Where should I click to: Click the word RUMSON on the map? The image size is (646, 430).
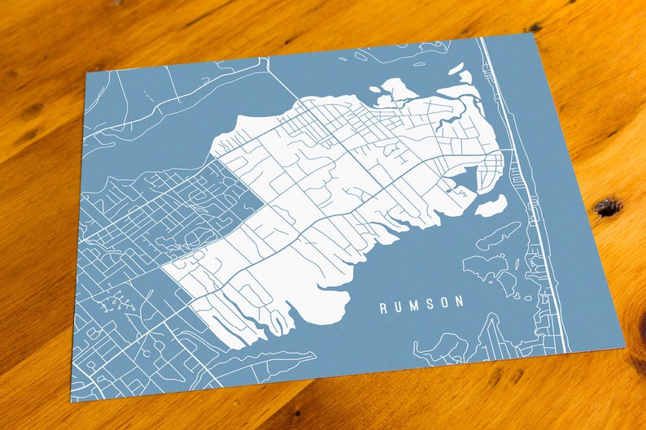[421, 304]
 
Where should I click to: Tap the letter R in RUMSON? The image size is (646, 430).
[383, 308]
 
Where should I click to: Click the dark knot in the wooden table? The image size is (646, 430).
[607, 207]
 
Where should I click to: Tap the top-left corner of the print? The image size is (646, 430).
[85, 72]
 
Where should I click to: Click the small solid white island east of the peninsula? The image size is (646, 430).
[491, 206]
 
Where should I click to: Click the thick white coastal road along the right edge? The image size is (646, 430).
[533, 203]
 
